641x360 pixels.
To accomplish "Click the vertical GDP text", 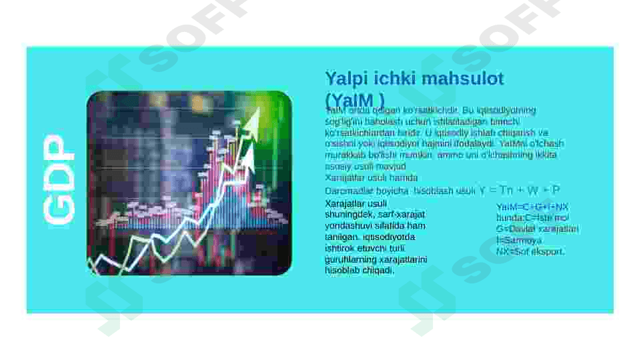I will click(59, 179).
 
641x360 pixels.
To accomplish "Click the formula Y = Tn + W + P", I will click(520, 190).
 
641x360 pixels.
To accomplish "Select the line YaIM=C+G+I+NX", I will click(532, 207).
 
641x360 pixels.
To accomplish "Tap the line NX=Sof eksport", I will click(530, 251).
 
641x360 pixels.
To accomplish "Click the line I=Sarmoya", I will click(519, 240).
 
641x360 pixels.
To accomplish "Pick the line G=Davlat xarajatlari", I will click(537, 229).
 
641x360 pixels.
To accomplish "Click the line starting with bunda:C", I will click(532, 218).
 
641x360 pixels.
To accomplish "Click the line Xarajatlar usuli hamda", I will click(371, 178).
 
